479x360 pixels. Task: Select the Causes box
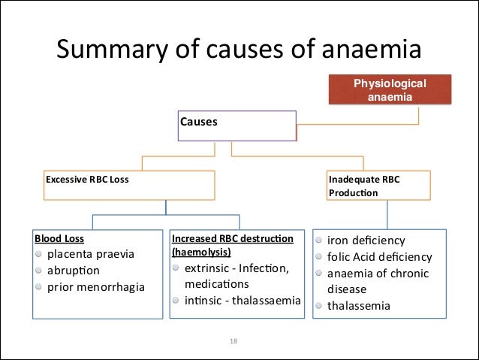click(236, 126)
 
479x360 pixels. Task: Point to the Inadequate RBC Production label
click(354, 186)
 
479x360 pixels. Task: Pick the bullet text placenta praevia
click(91, 254)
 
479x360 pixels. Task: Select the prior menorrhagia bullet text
click(96, 286)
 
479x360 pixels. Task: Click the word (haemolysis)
click(201, 252)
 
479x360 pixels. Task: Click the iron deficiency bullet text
click(366, 241)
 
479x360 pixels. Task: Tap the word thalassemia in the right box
click(359, 306)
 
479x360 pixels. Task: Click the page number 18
click(233, 341)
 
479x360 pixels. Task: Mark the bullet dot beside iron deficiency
click(319, 241)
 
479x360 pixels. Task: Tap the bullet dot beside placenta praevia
click(38, 254)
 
